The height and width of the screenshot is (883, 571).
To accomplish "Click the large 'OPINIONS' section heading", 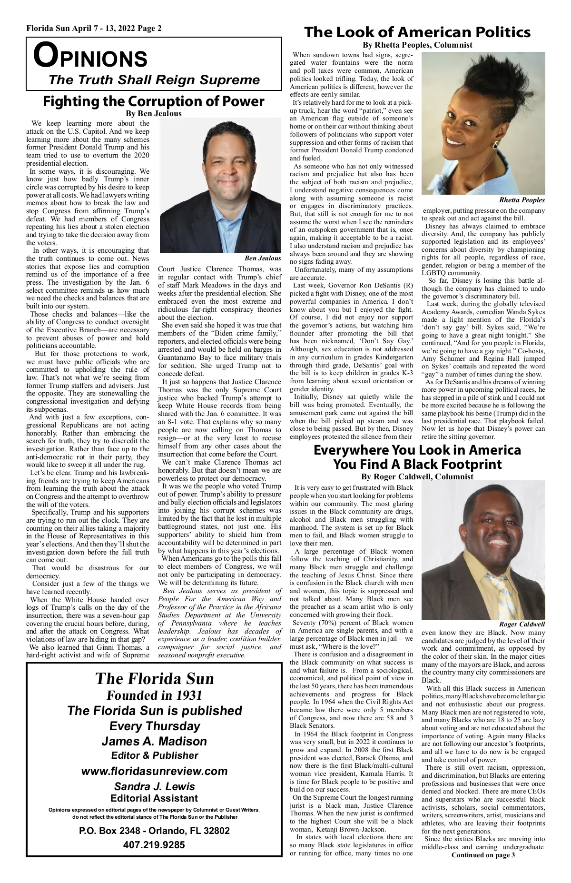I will [x=90, y=57].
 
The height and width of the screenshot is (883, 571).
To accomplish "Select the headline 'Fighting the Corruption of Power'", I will [x=153, y=101].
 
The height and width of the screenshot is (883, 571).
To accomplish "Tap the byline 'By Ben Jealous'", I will [x=153, y=114].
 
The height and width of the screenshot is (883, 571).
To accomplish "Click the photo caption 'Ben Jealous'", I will [x=263, y=258].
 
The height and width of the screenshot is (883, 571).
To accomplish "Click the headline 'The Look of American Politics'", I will [x=417, y=32].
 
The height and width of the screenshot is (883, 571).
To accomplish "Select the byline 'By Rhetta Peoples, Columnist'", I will [x=417, y=45].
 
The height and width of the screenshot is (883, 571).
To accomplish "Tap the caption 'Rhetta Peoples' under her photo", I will [x=522, y=200].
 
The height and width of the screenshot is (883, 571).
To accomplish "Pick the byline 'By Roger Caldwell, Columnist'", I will [x=417, y=476].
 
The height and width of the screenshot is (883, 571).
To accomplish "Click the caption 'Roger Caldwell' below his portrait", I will [x=522, y=624].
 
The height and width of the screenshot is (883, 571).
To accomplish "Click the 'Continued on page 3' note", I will [x=483, y=855].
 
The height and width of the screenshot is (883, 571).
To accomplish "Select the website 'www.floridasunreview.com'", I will [x=154, y=771].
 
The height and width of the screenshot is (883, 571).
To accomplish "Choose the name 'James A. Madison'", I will [x=154, y=741].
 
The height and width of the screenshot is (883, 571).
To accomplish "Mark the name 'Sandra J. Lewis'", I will [x=154, y=786].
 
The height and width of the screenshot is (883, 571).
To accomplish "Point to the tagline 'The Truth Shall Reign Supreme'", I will [x=154, y=79].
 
